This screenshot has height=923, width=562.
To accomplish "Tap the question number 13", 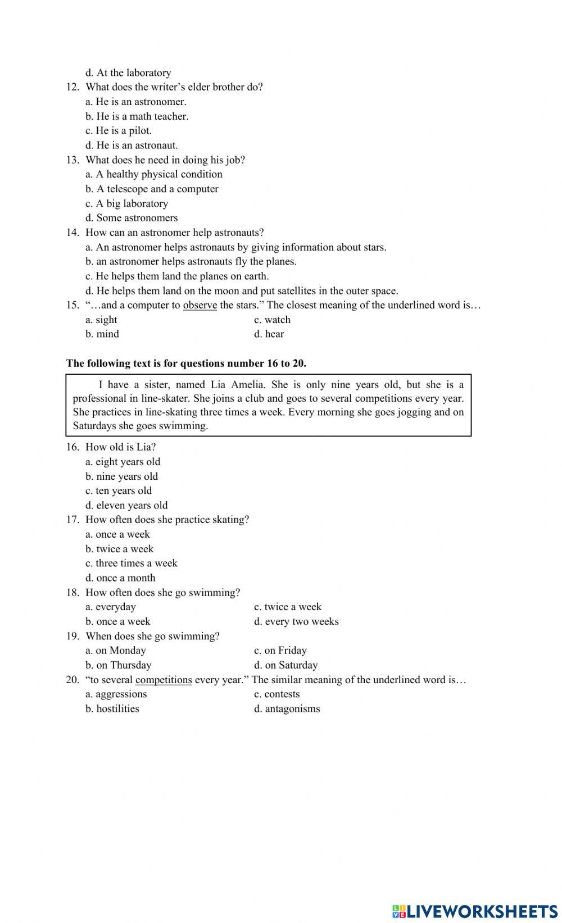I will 72,160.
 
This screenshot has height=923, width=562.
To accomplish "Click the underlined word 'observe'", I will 200,305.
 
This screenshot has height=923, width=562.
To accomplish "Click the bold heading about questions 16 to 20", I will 186,363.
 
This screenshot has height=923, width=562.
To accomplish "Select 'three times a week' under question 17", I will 135,563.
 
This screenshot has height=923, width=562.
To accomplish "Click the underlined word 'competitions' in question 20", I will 164,680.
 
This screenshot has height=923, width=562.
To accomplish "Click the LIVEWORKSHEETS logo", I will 474,911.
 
